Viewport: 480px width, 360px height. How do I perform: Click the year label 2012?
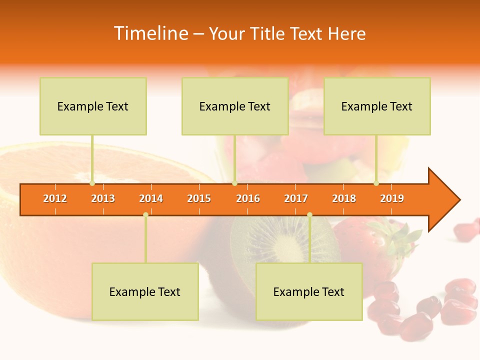[x=55, y=198]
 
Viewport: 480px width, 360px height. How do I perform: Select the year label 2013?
[x=103, y=198]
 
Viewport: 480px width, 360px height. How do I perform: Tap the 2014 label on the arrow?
[x=151, y=198]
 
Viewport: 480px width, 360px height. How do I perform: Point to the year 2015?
[x=199, y=198]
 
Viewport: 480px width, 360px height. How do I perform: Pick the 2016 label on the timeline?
[x=248, y=198]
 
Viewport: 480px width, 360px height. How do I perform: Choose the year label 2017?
[x=296, y=198]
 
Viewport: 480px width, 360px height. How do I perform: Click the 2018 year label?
[x=344, y=198]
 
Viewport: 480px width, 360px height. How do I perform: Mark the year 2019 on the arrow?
[x=392, y=198]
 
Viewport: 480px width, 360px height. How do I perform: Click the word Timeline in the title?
[x=150, y=33]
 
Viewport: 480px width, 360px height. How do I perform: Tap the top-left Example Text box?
[x=93, y=106]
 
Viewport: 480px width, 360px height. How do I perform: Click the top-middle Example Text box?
[x=235, y=106]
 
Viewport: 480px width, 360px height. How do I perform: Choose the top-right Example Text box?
[x=377, y=106]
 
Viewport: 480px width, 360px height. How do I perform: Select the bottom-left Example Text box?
[x=145, y=291]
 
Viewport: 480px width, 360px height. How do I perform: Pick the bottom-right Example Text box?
[x=309, y=291]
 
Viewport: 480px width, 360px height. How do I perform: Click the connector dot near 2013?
[x=92, y=183]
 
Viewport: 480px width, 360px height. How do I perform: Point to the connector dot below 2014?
[x=145, y=214]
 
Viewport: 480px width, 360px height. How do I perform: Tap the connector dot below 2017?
[x=309, y=214]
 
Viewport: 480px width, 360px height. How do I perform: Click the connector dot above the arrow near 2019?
[x=376, y=183]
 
